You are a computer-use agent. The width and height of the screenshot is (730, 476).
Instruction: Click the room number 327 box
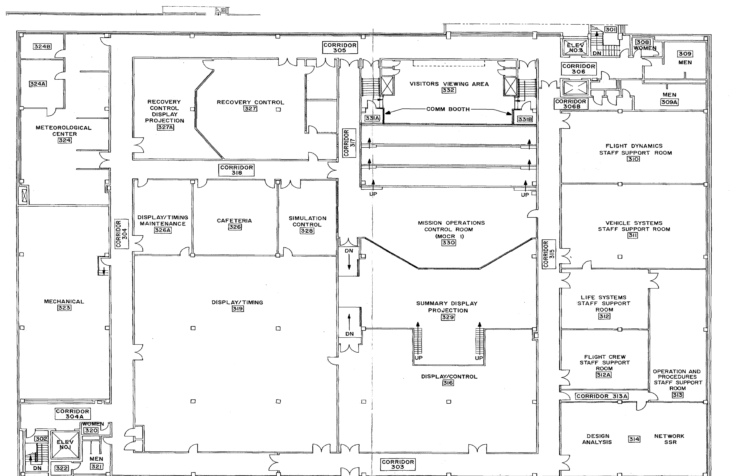point(250,109)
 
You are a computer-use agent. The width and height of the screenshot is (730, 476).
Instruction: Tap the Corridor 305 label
point(340,48)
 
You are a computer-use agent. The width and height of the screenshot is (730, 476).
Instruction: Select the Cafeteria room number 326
point(235,227)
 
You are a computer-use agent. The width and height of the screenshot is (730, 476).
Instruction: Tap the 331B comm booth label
point(525,119)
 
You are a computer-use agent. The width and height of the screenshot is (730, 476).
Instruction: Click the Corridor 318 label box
point(236,170)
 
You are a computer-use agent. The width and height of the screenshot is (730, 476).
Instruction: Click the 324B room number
point(42,46)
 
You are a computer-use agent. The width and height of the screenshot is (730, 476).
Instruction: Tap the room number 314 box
point(634,439)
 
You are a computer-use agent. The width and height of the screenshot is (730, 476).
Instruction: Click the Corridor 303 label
point(398,464)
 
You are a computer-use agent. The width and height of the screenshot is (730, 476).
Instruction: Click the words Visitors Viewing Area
point(449,84)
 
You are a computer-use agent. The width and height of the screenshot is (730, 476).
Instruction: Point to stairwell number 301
point(610,29)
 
